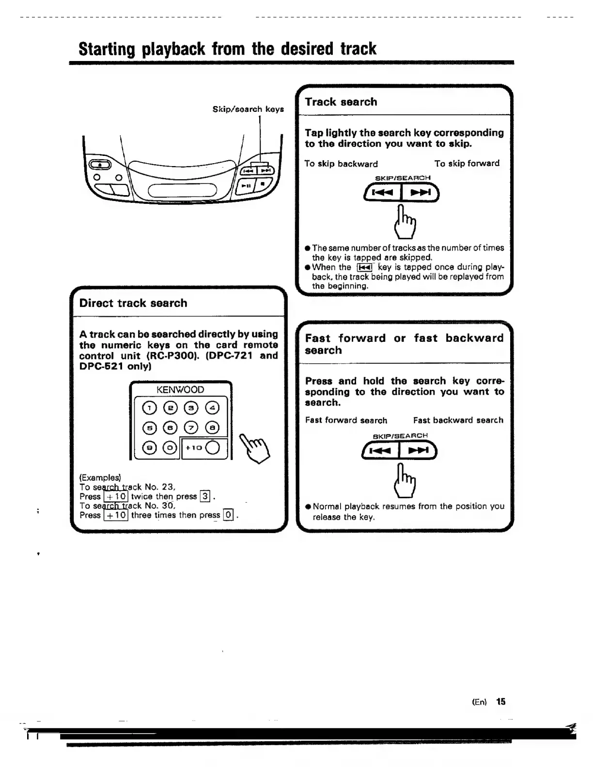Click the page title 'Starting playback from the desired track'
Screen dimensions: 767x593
point(227,49)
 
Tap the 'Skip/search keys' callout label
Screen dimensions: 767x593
point(248,109)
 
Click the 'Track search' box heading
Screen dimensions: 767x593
point(341,102)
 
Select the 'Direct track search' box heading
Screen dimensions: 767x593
point(133,303)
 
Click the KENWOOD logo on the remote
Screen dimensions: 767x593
point(180,390)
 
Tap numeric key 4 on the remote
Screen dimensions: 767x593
point(212,408)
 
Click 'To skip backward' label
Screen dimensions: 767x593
point(341,164)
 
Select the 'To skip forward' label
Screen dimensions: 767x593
point(467,163)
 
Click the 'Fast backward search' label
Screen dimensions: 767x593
point(458,420)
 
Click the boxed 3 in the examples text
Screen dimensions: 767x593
point(205,496)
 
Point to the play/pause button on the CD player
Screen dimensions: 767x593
point(246,185)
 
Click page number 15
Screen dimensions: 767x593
point(500,702)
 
